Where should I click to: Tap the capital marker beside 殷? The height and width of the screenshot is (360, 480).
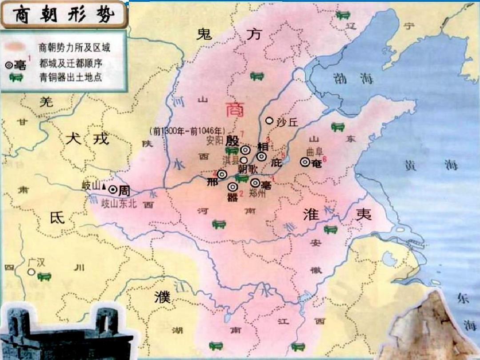coord(245,150)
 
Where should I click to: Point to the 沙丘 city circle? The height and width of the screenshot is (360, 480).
coord(269,120)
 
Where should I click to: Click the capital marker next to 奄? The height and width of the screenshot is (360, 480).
coord(305,162)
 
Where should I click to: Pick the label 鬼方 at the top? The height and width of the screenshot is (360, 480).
coord(228,34)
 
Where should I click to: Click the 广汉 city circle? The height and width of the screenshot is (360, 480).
coord(31,272)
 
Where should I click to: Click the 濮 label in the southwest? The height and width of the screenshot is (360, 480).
coord(162,298)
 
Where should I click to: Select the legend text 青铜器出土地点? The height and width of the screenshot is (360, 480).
coord(71,77)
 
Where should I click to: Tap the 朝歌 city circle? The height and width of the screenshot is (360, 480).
coord(244,160)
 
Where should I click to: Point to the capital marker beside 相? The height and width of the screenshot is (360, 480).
coord(261,156)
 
